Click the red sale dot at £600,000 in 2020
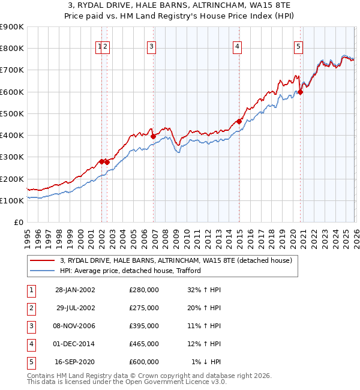point(301,92)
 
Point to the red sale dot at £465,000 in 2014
point(239,121)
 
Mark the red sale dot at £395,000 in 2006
point(154,136)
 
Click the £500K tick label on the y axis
point(12,113)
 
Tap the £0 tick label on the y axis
point(18,222)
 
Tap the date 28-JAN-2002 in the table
point(75,289)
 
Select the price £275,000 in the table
point(144,307)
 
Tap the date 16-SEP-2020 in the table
point(75,361)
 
